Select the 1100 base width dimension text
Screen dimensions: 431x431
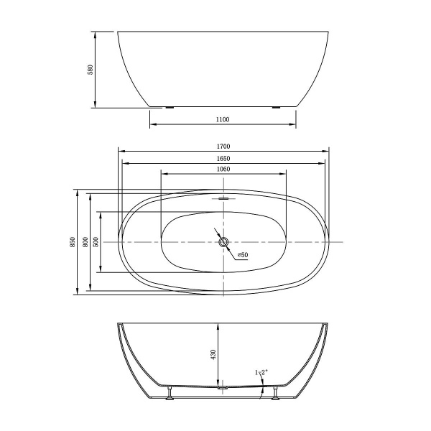(222, 119)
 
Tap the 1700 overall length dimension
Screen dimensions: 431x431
(223, 146)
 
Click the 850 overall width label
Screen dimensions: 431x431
(72, 242)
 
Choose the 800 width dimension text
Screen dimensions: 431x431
(85, 242)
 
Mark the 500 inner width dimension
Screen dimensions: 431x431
(97, 242)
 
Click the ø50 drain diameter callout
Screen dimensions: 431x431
(242, 255)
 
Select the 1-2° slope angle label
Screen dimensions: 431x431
(260, 371)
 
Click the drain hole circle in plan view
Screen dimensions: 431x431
(223, 242)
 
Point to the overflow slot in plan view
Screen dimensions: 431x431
(223, 198)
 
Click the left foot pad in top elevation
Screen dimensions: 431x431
(170, 108)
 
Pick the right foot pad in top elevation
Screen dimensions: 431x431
(276, 108)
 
